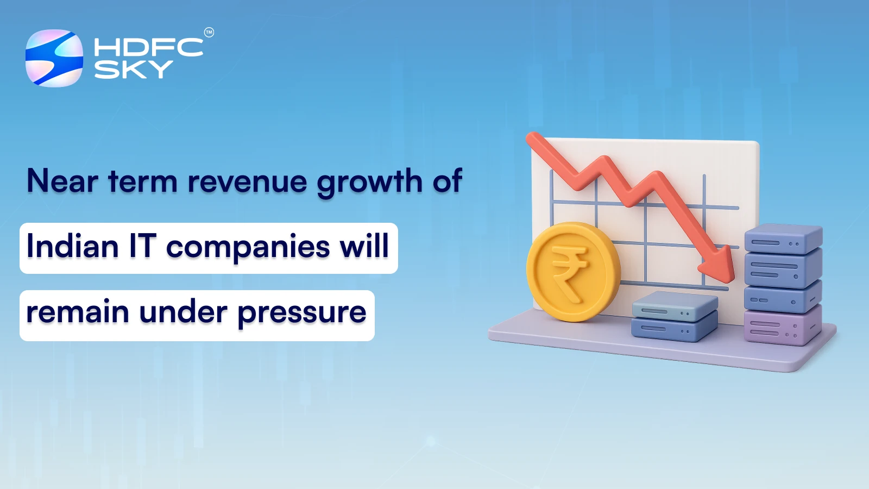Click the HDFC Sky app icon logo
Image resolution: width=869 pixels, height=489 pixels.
54,58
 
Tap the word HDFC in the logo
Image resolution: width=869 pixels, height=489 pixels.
148,47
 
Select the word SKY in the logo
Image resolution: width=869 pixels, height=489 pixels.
134,70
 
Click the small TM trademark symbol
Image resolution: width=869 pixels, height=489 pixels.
209,33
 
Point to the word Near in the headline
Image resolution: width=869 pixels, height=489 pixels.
62,181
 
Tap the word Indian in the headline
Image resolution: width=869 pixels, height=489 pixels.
72,246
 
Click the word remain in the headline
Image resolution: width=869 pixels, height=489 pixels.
77,312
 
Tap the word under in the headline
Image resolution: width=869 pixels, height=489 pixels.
183,312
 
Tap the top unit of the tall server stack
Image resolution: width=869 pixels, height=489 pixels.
783,239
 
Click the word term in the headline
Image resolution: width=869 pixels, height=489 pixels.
142,181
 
